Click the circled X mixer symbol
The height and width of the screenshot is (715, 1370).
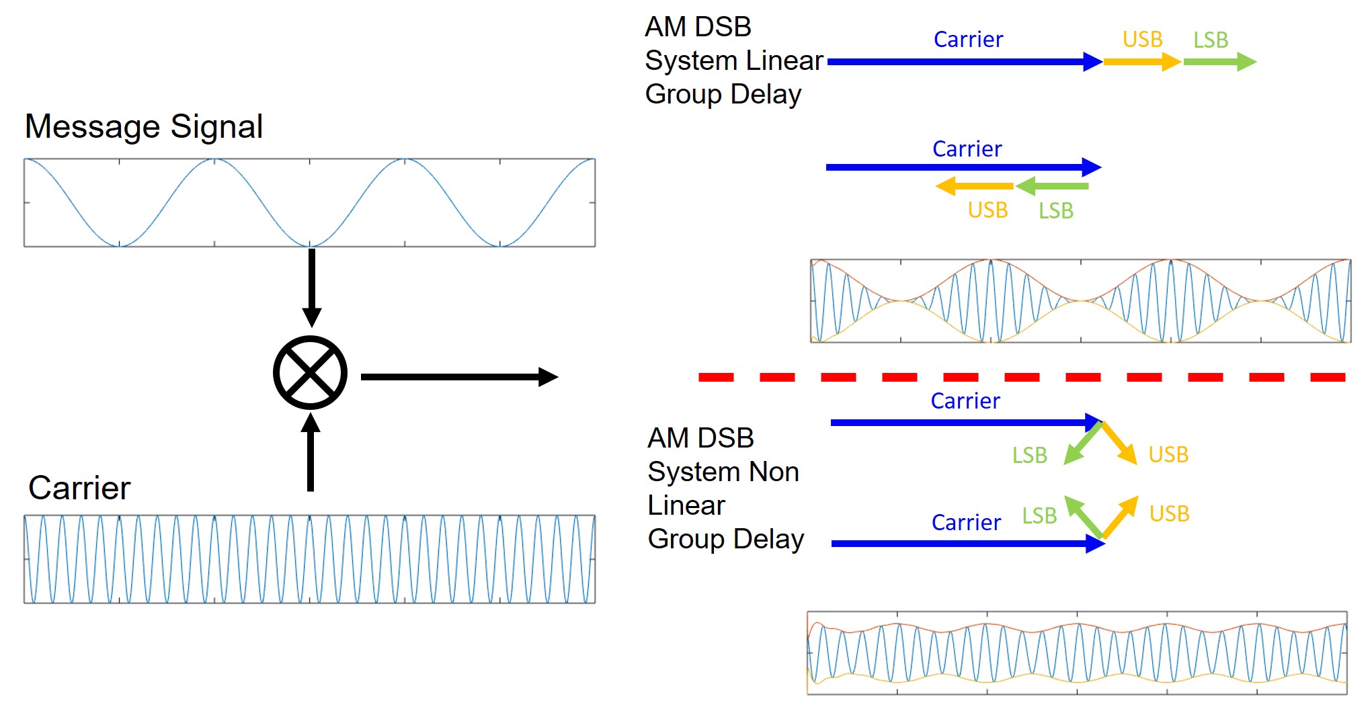pyautogui.click(x=310, y=373)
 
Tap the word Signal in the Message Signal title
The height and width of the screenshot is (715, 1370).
pyautogui.click(x=216, y=126)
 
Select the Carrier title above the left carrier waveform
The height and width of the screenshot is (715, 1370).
pyautogui.click(x=79, y=488)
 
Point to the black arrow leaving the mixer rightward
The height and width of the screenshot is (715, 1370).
pyautogui.click(x=459, y=377)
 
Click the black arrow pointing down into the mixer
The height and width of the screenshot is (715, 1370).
pyautogui.click(x=311, y=287)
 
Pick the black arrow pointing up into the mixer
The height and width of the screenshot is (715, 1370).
pyautogui.click(x=311, y=453)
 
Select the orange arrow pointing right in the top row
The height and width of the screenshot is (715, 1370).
pyautogui.click(x=1141, y=62)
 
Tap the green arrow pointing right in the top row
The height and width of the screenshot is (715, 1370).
pyautogui.click(x=1219, y=62)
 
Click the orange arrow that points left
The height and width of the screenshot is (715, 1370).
pyautogui.click(x=975, y=186)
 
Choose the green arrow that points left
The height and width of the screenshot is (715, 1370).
pyautogui.click(x=1052, y=186)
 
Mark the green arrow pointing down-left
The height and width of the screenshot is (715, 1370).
pyautogui.click(x=1082, y=444)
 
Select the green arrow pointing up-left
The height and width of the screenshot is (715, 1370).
pyautogui.click(x=1084, y=517)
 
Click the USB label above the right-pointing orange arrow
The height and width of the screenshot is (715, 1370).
pyautogui.click(x=1142, y=40)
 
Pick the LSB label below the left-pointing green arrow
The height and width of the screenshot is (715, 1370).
pyautogui.click(x=1055, y=211)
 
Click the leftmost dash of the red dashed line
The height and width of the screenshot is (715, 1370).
pyautogui.click(x=716, y=378)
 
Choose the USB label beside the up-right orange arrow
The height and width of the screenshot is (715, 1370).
pyautogui.click(x=1169, y=514)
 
